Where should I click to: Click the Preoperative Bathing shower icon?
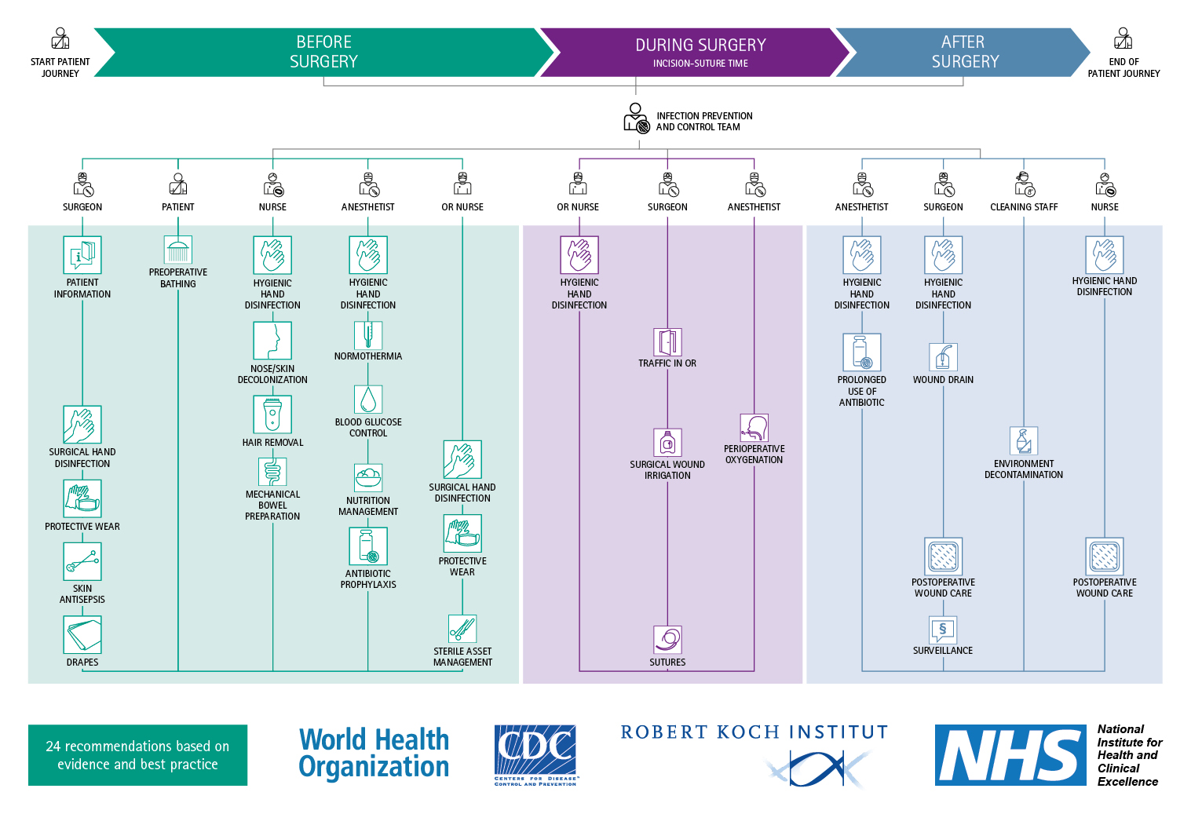pyautogui.click(x=178, y=250)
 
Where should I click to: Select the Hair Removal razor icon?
pyautogui.click(x=272, y=414)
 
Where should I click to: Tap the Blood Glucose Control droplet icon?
pyautogui.click(x=368, y=400)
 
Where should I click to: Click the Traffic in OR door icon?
pyautogui.click(x=667, y=342)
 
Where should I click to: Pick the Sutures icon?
pyautogui.click(x=667, y=640)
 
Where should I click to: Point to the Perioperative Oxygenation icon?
pyautogui.click(x=754, y=428)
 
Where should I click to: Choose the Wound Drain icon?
pyautogui.click(x=943, y=356)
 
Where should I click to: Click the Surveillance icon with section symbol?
pyautogui.click(x=943, y=630)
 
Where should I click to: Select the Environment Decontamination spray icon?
pyautogui.click(x=1024, y=441)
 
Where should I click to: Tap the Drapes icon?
pyautogui.click(x=82, y=635)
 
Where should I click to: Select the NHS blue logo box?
pyautogui.click(x=1010, y=755)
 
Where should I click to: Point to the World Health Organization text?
pyautogui.click(x=374, y=754)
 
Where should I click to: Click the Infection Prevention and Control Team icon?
pyautogui.click(x=636, y=119)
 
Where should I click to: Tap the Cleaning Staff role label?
pyautogui.click(x=1024, y=207)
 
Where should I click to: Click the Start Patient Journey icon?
pyautogui.click(x=60, y=38)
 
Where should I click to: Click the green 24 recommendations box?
pyautogui.click(x=137, y=755)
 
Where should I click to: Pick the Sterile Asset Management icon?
pyautogui.click(x=462, y=629)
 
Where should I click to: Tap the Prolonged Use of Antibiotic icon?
pyautogui.click(x=862, y=352)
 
